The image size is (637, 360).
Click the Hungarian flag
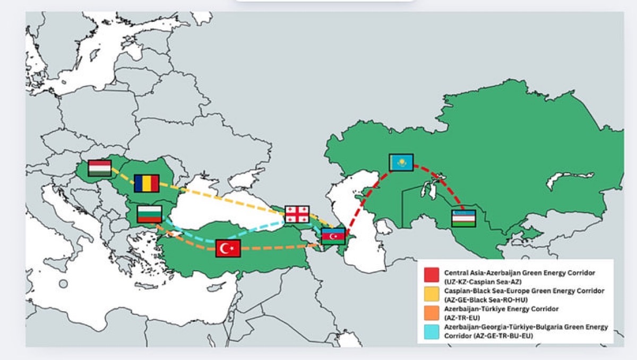point(100,168)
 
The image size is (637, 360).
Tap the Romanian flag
point(146,183)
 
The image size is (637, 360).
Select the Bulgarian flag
point(149,214)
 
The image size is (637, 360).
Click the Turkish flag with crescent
point(228,248)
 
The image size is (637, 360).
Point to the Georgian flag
point(297,213)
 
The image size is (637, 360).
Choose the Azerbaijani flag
point(333,236)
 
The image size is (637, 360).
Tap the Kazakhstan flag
point(401,162)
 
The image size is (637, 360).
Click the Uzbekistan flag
point(463,218)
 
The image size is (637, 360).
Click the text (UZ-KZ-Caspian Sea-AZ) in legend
point(480,281)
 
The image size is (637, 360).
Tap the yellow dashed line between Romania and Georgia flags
point(223,199)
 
